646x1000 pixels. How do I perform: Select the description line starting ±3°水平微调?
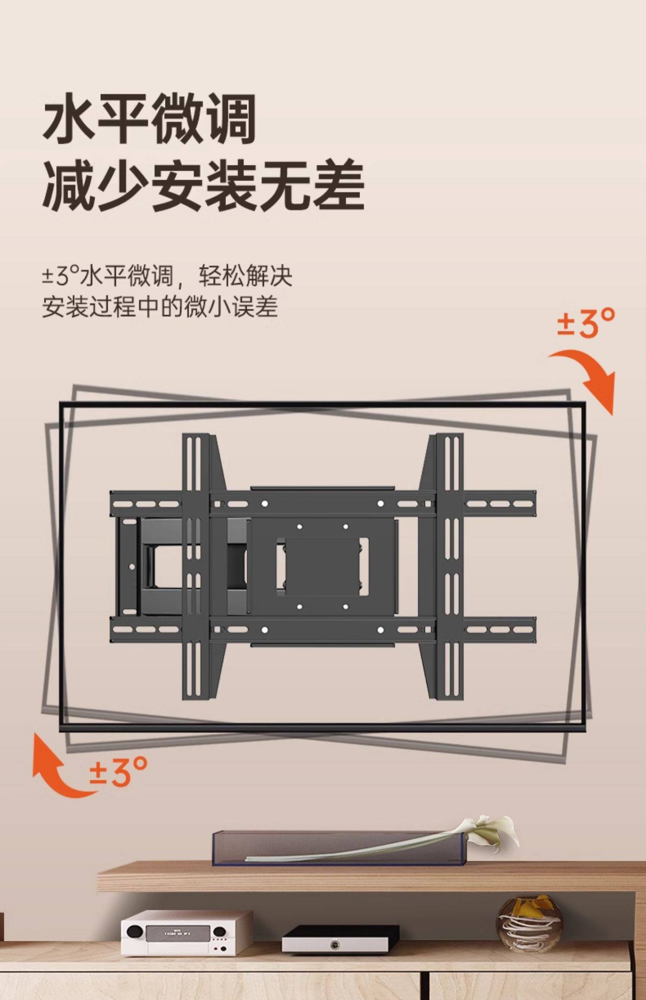click(167, 276)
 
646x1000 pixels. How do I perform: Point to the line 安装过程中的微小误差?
click(160, 307)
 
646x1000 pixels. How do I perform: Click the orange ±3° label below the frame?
click(118, 772)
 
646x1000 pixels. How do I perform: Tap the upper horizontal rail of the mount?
click(323, 503)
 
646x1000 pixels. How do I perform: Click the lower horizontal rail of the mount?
click(323, 630)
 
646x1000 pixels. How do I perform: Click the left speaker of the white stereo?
click(135, 931)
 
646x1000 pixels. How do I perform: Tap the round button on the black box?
click(335, 945)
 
